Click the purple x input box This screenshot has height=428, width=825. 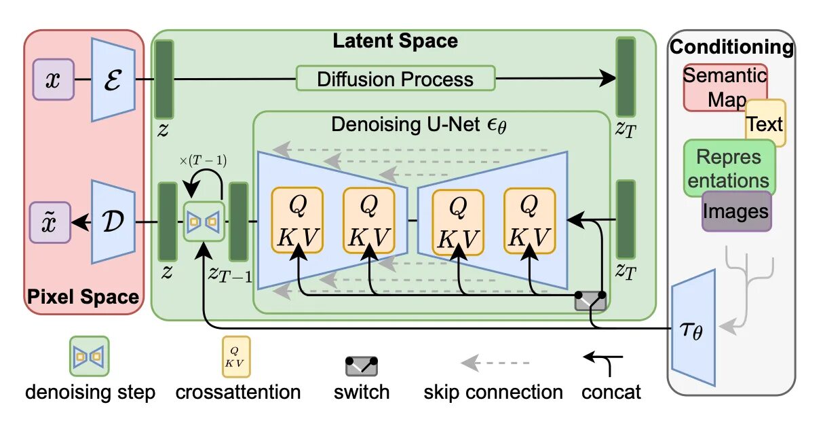point(54,79)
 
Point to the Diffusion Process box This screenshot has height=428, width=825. point(395,79)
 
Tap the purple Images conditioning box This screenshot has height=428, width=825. point(735,211)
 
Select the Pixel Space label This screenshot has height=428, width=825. point(83,296)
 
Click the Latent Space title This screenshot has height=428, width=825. point(395,41)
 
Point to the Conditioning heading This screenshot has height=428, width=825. point(731,48)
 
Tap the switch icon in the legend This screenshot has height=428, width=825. point(362,366)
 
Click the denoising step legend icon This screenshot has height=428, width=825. point(90,356)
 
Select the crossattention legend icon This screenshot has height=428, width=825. point(236,356)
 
